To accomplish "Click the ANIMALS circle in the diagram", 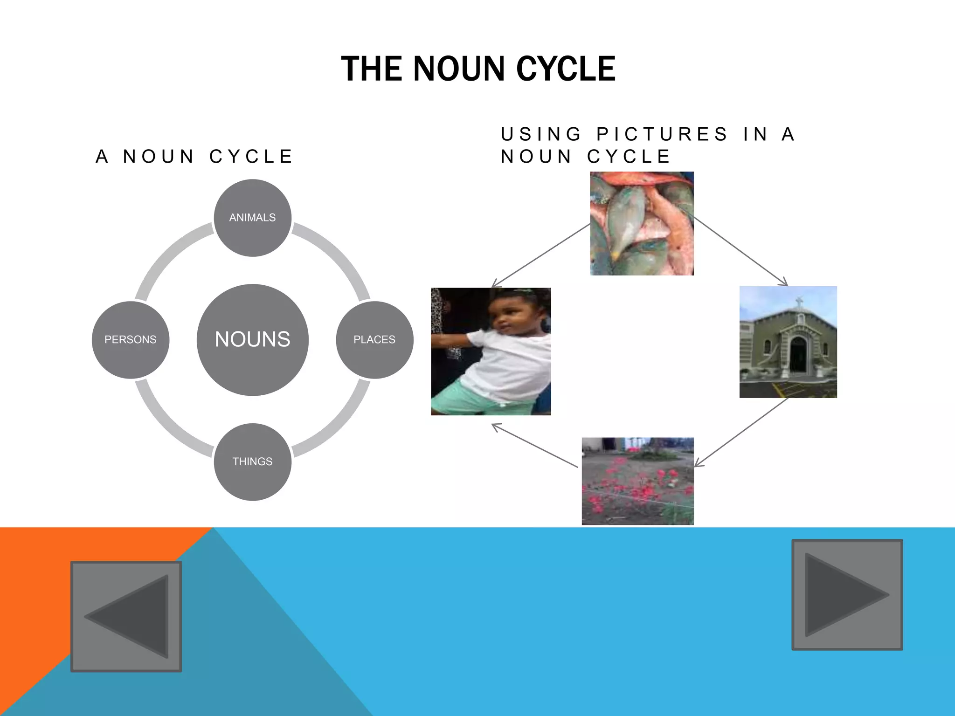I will pos(252,218).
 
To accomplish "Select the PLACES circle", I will pos(374,339).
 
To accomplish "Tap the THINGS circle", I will pos(252,461).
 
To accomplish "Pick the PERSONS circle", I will pos(131,339).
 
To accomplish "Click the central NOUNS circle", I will pos(252,339).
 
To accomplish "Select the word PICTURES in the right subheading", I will pos(662,134).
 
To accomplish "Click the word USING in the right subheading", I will pos(541,134).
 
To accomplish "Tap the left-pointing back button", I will pos(126,616).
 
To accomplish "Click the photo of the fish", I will pos(642,223).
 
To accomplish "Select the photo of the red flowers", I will pos(637,481).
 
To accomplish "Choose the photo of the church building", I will pos(788,342).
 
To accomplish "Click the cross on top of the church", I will pos(799,302).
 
